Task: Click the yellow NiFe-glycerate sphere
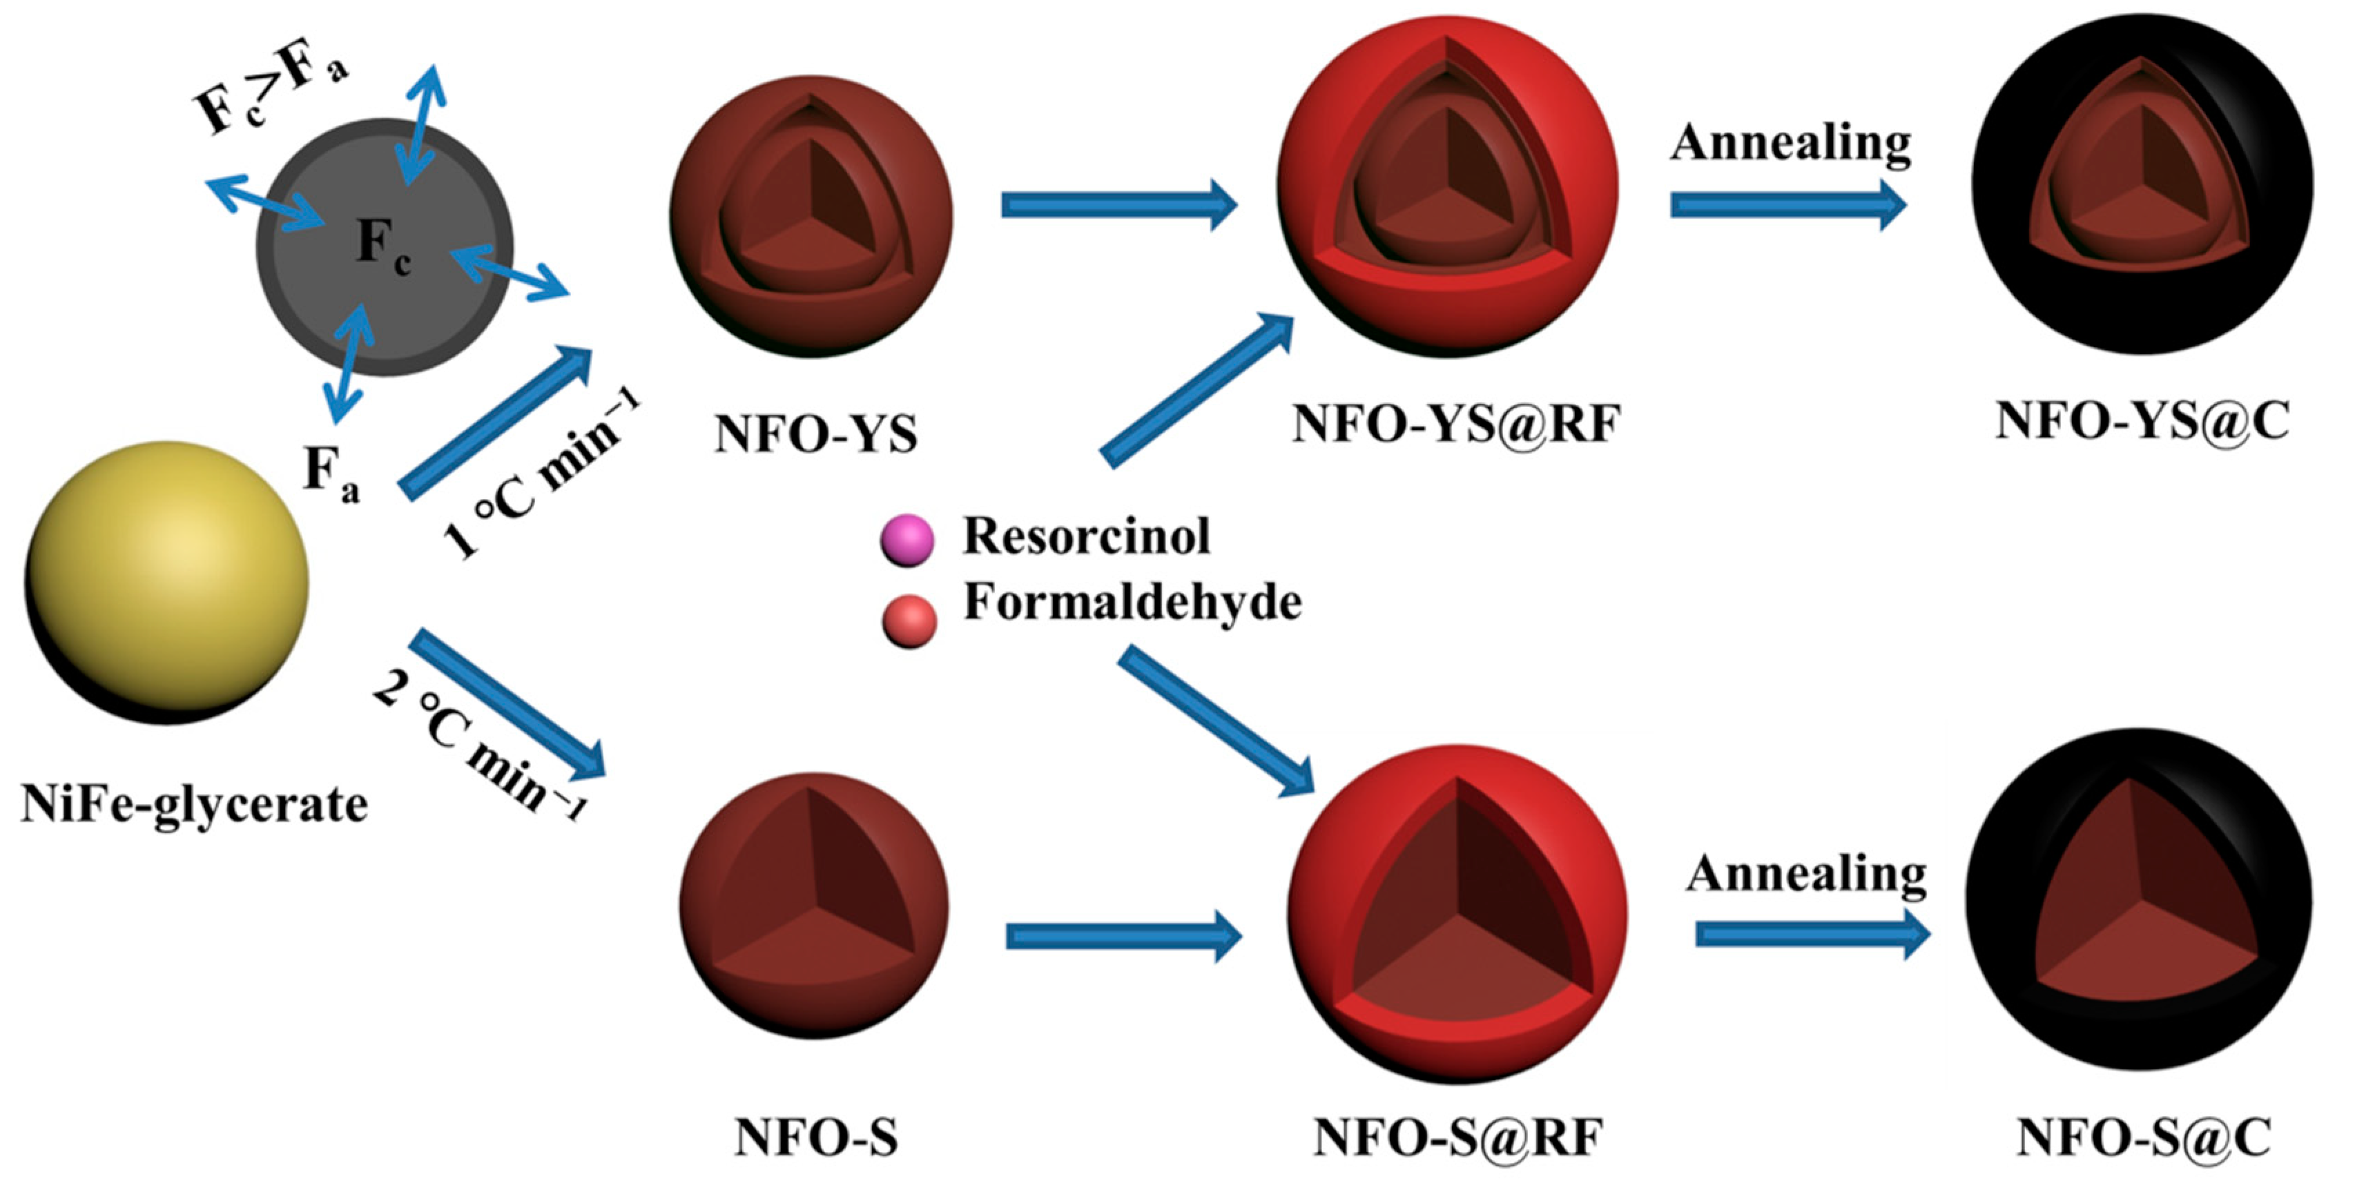point(166,583)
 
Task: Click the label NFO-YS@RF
point(1455,424)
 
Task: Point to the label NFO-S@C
point(2143,1139)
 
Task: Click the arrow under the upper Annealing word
point(1787,205)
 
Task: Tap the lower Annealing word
point(1807,874)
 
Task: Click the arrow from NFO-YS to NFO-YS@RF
point(1118,205)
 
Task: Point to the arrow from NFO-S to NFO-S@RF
point(1123,936)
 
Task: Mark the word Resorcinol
point(1086,536)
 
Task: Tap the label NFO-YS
point(815,434)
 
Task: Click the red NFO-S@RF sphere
point(1457,914)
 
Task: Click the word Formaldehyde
point(1132,603)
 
